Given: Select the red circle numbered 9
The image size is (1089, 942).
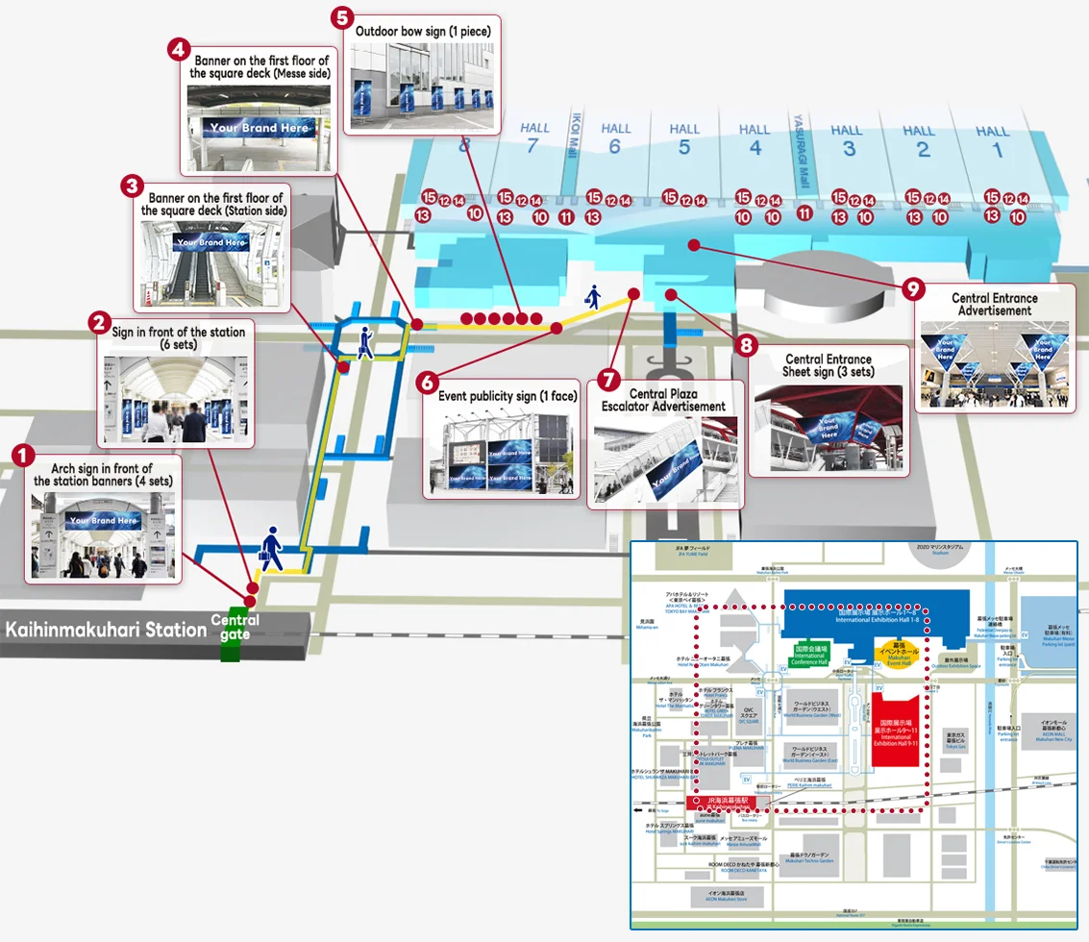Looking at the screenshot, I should (x=916, y=286).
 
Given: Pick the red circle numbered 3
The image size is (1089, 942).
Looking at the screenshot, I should (x=133, y=186).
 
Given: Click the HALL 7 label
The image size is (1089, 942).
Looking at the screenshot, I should (x=535, y=136).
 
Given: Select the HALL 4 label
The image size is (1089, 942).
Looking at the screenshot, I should (x=755, y=137).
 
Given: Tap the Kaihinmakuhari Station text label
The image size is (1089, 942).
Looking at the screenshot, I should (x=107, y=631).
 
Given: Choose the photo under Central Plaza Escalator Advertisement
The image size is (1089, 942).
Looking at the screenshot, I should (x=665, y=459).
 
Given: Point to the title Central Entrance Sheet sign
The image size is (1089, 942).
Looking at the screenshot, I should (x=827, y=366).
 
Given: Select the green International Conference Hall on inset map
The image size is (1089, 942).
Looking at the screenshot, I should (x=809, y=656).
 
